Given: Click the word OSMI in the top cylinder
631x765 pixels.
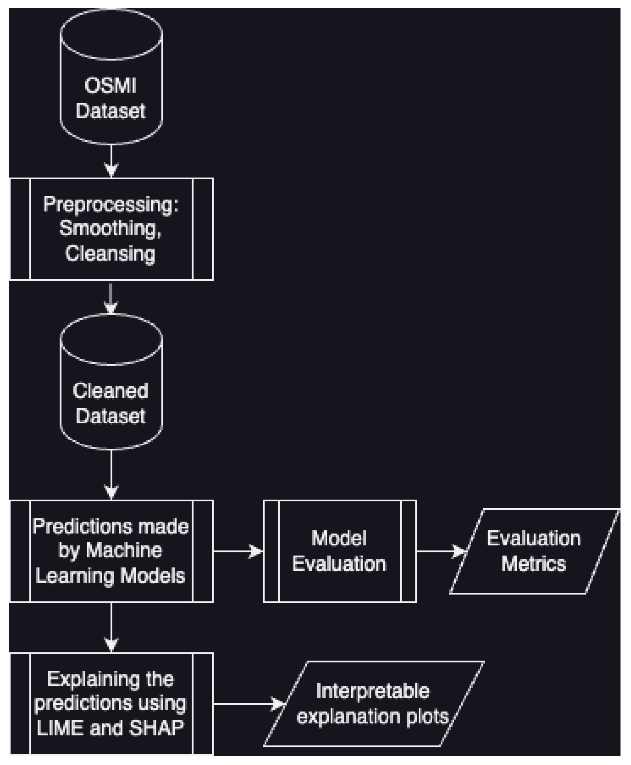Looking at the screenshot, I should pos(110,86).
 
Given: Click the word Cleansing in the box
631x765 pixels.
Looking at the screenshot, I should pos(110,253).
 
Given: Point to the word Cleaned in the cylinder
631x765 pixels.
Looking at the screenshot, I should pos(110,391).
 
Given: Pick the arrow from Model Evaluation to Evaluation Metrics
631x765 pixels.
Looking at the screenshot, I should pos(440,551).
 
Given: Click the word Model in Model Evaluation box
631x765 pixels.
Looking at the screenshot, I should pos(339,538).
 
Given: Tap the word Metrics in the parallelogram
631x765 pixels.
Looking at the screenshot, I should pos(533,564).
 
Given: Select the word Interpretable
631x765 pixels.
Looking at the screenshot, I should pos(373,691).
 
